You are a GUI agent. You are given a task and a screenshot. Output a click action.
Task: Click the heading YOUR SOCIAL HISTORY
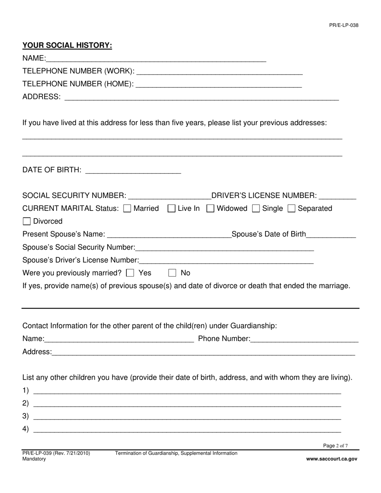(x=67, y=45)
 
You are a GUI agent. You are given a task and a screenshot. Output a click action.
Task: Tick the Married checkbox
(x=127, y=208)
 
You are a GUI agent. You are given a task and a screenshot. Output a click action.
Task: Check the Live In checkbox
(x=171, y=208)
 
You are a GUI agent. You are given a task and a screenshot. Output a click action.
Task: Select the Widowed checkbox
(x=210, y=208)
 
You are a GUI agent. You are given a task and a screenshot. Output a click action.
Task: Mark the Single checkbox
(x=256, y=208)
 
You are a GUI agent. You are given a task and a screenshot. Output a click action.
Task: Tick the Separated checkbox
(x=292, y=208)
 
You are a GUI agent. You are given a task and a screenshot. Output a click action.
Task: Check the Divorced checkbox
(x=26, y=221)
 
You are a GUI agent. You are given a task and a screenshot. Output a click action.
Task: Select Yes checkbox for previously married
(x=130, y=273)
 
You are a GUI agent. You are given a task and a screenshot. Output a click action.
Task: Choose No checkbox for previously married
(x=172, y=273)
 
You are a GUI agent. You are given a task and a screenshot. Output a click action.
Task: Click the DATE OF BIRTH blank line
(x=133, y=170)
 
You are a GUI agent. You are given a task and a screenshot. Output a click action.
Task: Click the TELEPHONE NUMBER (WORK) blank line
(x=219, y=71)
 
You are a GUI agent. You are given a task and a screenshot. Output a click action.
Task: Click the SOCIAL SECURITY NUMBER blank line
(x=169, y=196)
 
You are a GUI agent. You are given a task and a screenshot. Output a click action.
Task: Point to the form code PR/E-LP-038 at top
(x=344, y=25)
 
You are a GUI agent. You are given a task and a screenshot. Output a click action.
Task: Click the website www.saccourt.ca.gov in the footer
(x=331, y=459)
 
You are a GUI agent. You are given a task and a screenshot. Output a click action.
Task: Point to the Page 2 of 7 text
(x=335, y=446)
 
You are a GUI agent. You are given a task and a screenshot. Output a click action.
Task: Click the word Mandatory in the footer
(x=34, y=459)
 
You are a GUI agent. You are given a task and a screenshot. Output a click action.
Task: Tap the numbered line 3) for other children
(x=187, y=416)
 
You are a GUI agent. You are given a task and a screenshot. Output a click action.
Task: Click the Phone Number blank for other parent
(x=304, y=339)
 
